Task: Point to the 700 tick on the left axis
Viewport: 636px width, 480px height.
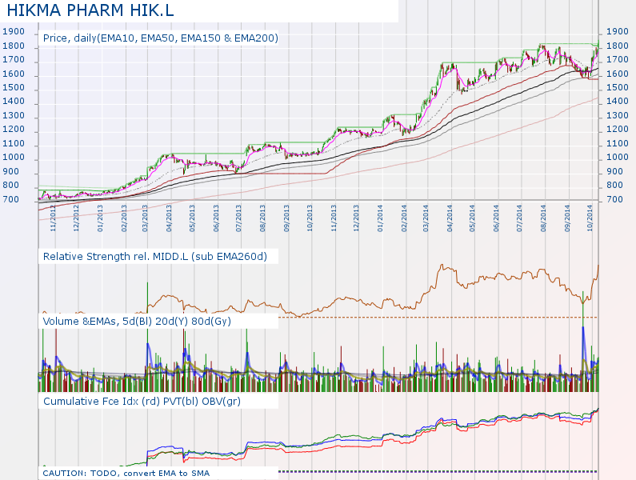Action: [x=12, y=199]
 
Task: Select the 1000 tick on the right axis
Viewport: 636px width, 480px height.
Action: [x=619, y=158]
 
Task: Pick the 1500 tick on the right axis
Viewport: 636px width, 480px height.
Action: [x=619, y=87]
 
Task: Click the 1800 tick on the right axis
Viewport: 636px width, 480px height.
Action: [x=619, y=46]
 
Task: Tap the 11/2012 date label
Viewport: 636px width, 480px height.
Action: [x=54, y=218]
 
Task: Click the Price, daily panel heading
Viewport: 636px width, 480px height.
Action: [x=160, y=38]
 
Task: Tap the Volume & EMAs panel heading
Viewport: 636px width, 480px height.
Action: [x=148, y=321]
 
